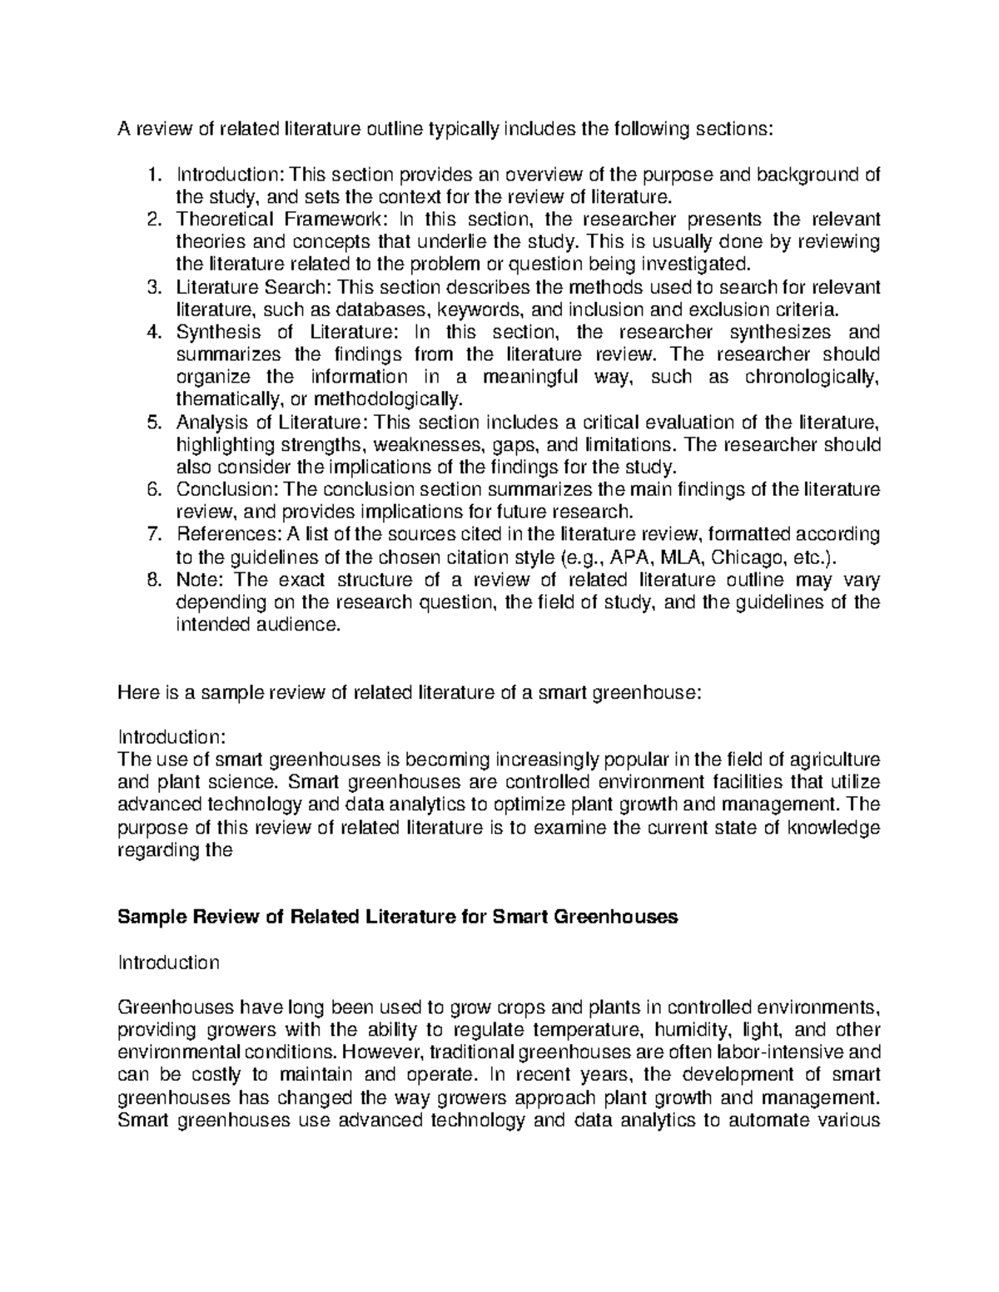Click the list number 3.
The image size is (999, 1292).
coord(152,288)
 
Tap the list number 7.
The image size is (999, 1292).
coord(152,533)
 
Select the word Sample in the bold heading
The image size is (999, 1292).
coord(153,917)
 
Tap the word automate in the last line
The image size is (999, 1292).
coord(766,1120)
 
